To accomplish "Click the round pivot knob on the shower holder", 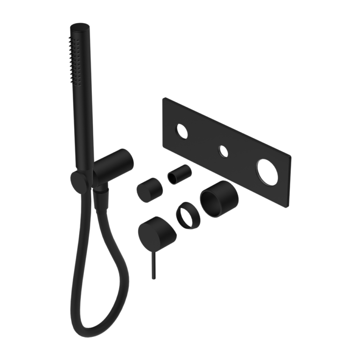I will pyautogui.click(x=79, y=182).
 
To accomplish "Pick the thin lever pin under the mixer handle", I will pyautogui.click(x=153, y=264).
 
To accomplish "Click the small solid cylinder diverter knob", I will pyautogui.click(x=150, y=189).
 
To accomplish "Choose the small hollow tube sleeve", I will pyautogui.click(x=180, y=174).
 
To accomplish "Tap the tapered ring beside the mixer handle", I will pyautogui.click(x=188, y=215).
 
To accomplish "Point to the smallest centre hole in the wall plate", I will pyautogui.click(x=223, y=151).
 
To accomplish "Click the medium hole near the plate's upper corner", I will pyautogui.click(x=181, y=132).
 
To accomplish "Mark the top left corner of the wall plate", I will pyautogui.click(x=164, y=99).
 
